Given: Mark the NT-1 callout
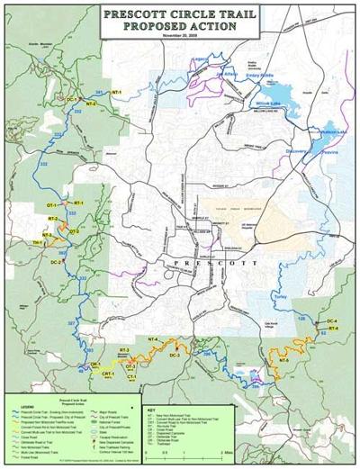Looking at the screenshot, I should click(x=117, y=92).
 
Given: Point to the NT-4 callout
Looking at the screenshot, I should click(x=152, y=338).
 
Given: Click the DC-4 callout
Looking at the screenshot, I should click(x=332, y=320).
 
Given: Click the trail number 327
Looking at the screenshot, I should click(x=72, y=321).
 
